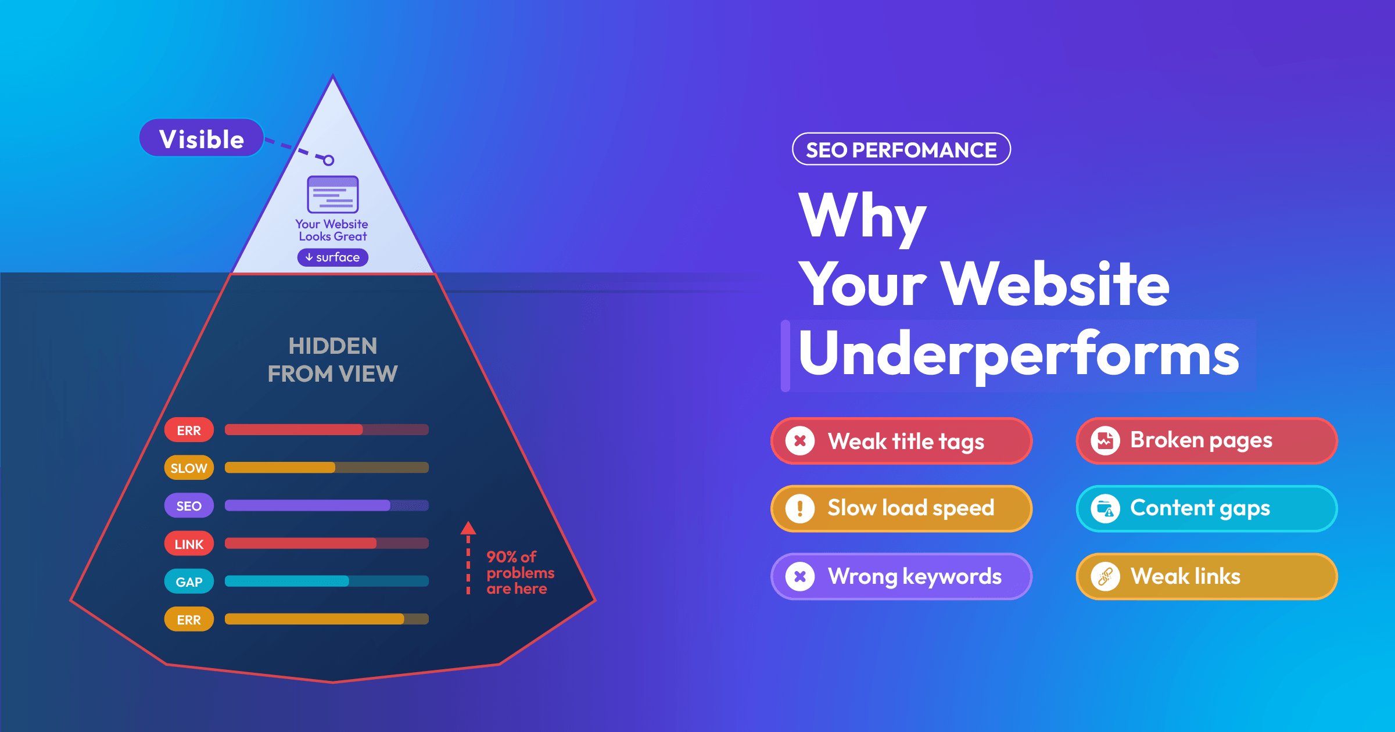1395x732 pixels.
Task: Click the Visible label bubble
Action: coord(202,138)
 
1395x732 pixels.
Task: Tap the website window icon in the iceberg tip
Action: coord(333,195)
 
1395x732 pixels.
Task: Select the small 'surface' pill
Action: coord(333,257)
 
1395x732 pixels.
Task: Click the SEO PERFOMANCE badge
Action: coord(901,149)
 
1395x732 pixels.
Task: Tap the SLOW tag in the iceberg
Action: coord(189,468)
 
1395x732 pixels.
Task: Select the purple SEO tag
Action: coord(189,505)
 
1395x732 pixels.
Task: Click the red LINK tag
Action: coord(189,544)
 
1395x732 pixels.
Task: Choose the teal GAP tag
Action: coord(189,582)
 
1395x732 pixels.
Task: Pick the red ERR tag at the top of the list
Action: coord(189,430)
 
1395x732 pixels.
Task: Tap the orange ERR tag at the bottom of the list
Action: coord(189,619)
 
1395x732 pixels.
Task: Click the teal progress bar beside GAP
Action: coord(327,581)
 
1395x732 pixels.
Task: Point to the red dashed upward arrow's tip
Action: coord(468,522)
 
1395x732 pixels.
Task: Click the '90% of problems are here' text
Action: coord(520,573)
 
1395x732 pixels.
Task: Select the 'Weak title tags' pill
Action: coord(901,441)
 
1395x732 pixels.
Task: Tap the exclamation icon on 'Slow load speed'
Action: coord(800,508)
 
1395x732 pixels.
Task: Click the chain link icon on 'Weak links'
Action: coord(1105,576)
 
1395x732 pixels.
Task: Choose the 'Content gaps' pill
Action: coord(1207,508)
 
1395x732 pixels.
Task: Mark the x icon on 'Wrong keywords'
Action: coord(800,576)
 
